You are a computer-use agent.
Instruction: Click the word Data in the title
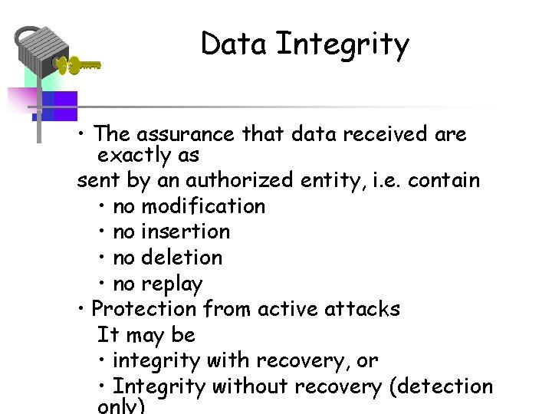pyautogui.click(x=235, y=44)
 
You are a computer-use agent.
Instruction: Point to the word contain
pyautogui.click(x=444, y=181)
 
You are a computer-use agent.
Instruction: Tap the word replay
pyautogui.click(x=172, y=284)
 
